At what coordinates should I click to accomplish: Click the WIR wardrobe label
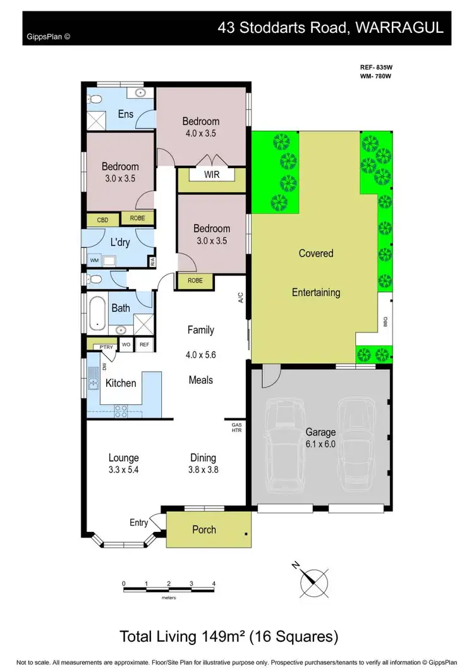tap(212, 175)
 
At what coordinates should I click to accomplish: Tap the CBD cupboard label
tap(102, 220)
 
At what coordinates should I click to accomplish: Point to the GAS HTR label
tap(237, 427)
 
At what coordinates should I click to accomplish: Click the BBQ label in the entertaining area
tap(385, 322)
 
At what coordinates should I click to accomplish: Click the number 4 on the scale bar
tap(214, 584)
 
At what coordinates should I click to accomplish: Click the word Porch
tap(204, 529)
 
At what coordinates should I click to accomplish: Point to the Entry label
tap(138, 522)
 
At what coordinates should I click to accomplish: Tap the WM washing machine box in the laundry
tap(94, 260)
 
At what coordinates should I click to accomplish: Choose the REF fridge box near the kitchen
tap(144, 345)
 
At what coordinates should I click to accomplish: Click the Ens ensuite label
tap(125, 114)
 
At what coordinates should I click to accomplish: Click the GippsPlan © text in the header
tap(48, 37)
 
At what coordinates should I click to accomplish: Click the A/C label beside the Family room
tap(241, 298)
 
